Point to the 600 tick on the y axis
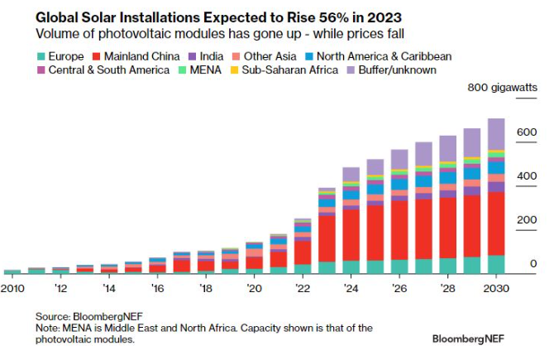click(528, 132)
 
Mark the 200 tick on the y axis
click(528, 220)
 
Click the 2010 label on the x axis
click(12, 288)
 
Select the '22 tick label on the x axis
click(302, 288)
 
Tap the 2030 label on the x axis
click(494, 288)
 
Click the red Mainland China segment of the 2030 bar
click(495, 223)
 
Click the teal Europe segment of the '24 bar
click(351, 266)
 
